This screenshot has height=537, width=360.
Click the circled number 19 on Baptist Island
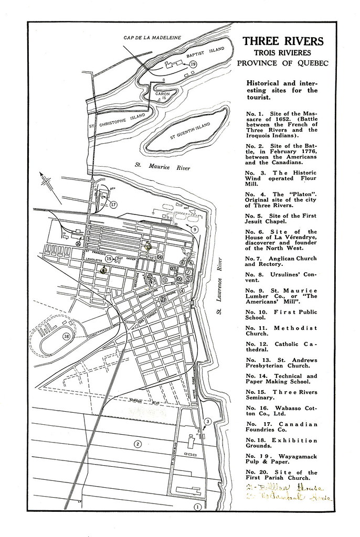click(x=193, y=64)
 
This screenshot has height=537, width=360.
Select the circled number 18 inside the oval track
click(x=66, y=336)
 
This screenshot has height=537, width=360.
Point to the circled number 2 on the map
click(x=137, y=444)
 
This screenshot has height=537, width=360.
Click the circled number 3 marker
click(x=207, y=421)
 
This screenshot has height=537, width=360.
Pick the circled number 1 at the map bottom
click(x=198, y=507)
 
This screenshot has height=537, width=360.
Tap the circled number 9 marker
click(x=194, y=229)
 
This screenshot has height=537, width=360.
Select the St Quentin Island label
click(x=187, y=128)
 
